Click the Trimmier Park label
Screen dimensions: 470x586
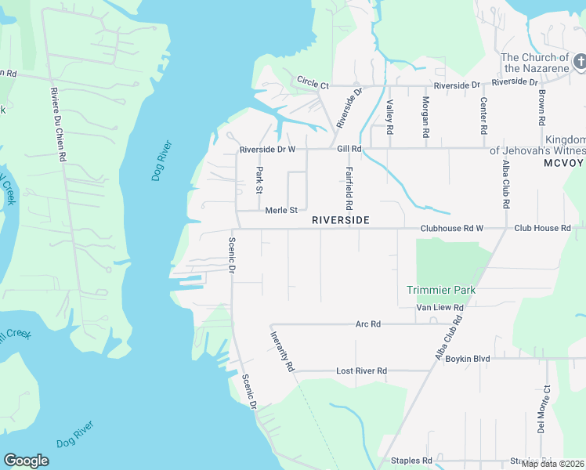tap(441, 290)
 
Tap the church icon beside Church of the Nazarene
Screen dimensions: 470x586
tap(580, 61)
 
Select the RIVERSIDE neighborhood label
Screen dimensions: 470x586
tap(340, 220)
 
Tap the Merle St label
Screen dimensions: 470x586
tap(281, 210)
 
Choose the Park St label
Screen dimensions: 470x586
tap(259, 179)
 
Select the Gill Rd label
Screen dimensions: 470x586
tap(349, 148)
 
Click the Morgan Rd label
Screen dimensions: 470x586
tap(425, 117)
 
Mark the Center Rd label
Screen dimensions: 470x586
tap(483, 116)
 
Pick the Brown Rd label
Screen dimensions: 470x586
tap(541, 107)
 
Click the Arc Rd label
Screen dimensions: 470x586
tap(367, 324)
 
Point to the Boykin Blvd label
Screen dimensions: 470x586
tap(468, 359)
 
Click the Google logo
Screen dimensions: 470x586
tap(27, 461)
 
